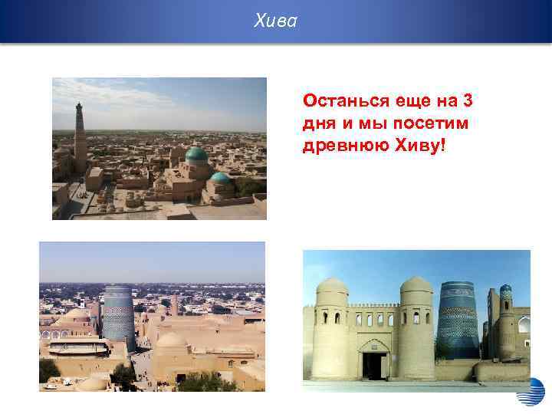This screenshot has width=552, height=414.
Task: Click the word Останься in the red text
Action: [336, 100]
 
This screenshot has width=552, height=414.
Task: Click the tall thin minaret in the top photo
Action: [80, 138]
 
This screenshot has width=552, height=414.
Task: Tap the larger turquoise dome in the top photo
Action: [195, 154]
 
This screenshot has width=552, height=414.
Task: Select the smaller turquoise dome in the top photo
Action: [221, 177]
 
